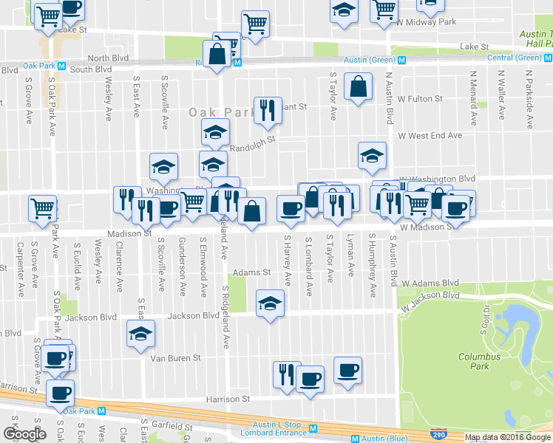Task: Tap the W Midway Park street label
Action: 427,21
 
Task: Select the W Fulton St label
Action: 420,98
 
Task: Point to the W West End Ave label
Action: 430,135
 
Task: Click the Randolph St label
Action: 252,147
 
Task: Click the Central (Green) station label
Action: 514,58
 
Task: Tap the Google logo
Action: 24,434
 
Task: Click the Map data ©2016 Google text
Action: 507,437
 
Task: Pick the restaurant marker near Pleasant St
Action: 268,111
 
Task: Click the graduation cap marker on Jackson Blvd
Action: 270,303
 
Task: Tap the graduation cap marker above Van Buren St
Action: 140,334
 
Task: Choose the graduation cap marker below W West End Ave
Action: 372,156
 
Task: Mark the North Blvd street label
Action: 108,58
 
